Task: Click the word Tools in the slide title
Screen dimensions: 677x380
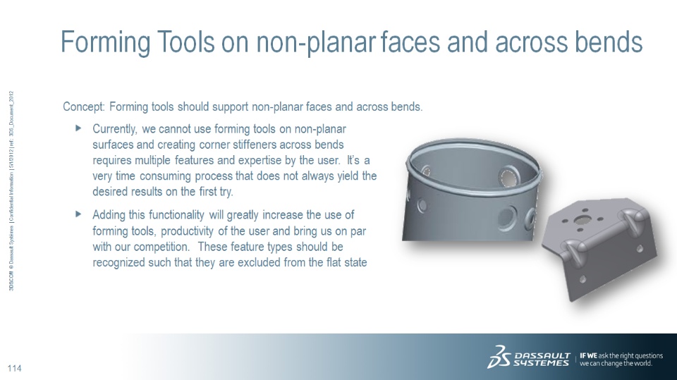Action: pyautogui.click(x=185, y=42)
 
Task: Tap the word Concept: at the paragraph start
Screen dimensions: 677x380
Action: pyautogui.click(x=84, y=106)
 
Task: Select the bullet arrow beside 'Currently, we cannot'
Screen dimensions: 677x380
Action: pyautogui.click(x=78, y=128)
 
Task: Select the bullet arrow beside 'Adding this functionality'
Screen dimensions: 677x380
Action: pyautogui.click(x=78, y=214)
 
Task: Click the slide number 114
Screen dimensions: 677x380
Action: pyautogui.click(x=14, y=368)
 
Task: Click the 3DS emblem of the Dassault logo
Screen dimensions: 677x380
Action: pyautogui.click(x=499, y=357)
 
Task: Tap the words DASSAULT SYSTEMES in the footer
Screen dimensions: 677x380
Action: pyautogui.click(x=542, y=360)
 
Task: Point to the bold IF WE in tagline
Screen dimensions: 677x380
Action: pyautogui.click(x=588, y=355)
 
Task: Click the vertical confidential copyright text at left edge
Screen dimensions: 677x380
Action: pyautogui.click(x=12, y=190)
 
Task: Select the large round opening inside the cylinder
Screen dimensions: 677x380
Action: pyautogui.click(x=508, y=176)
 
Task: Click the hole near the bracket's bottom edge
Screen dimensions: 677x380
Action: pyautogui.click(x=583, y=279)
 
